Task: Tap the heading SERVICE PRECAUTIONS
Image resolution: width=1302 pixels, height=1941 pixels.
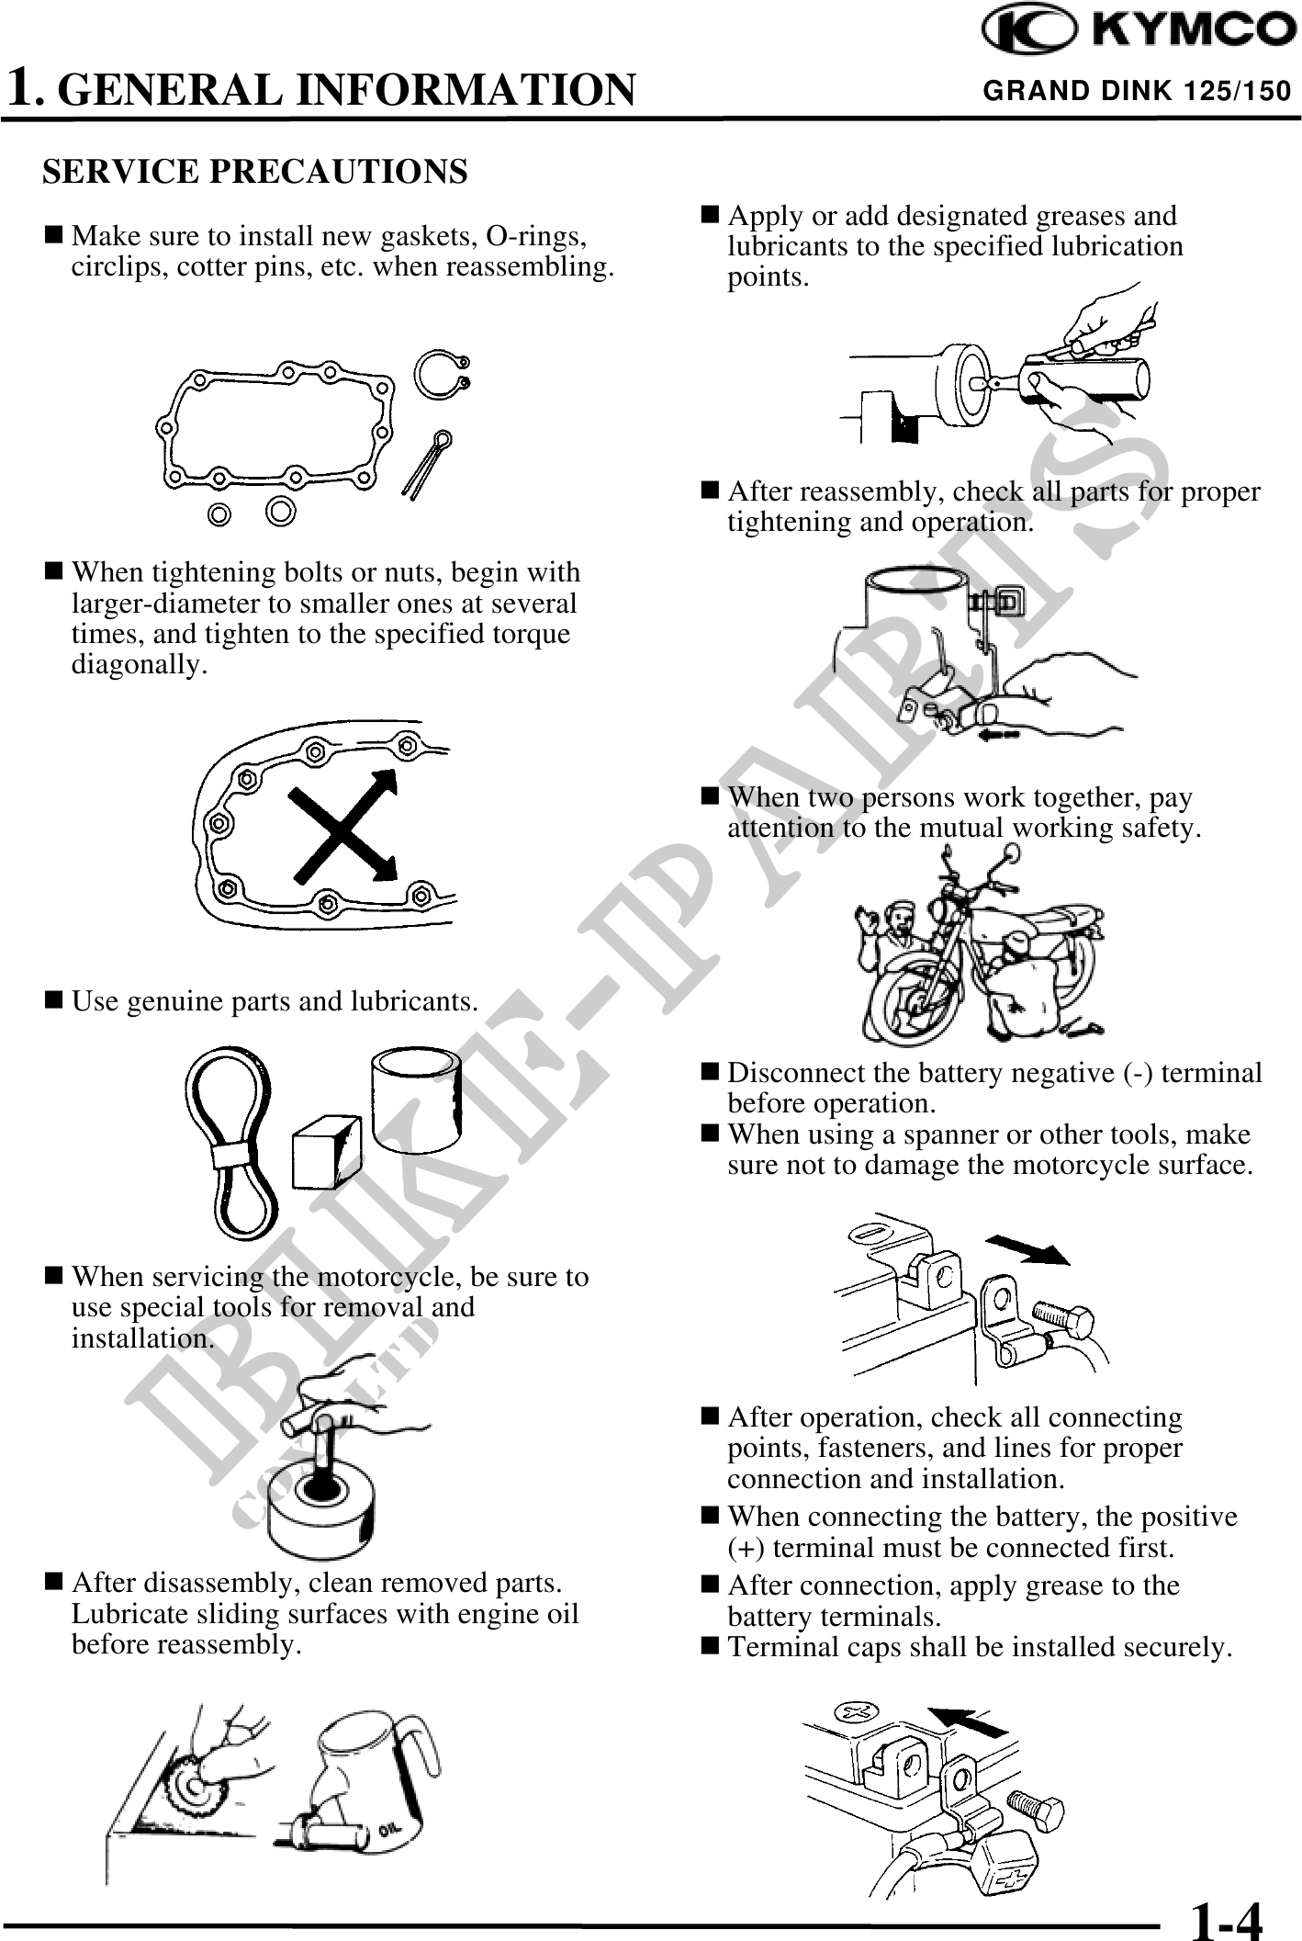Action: (x=255, y=172)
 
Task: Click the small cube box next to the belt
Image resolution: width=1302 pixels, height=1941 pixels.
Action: (x=327, y=1152)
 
